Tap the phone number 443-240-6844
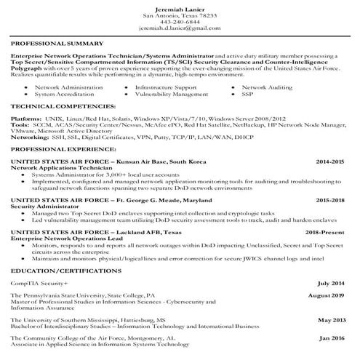(179, 20)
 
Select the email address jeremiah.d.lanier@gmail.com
(179, 28)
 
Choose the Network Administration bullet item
(64, 87)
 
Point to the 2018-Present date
(327, 231)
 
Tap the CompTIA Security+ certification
(39, 282)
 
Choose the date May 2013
(331, 319)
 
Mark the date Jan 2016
(332, 339)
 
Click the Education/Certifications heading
(58, 270)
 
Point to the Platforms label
(26, 116)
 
